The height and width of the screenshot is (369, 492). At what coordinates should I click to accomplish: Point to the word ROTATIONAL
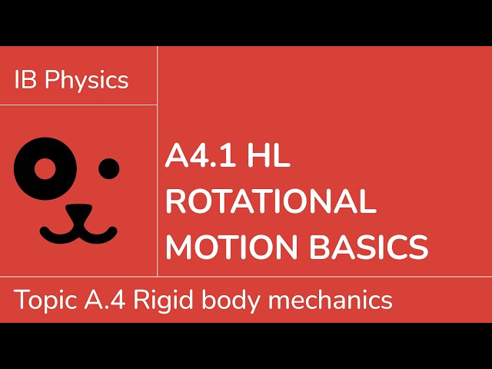pyautogui.click(x=271, y=201)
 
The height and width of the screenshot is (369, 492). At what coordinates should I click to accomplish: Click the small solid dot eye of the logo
pyautogui.click(x=109, y=166)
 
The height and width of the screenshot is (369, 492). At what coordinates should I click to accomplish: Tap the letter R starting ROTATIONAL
pyautogui.click(x=177, y=201)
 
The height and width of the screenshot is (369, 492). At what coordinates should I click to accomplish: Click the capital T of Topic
pyautogui.click(x=20, y=299)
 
